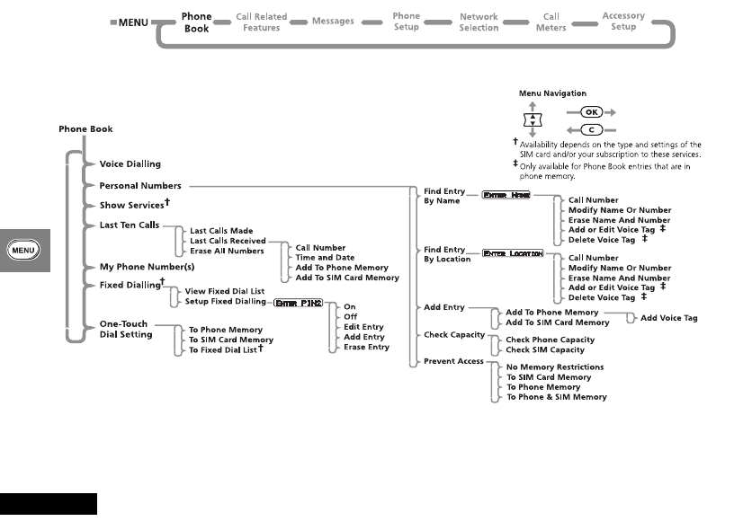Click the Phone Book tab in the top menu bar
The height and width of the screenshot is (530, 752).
pyautogui.click(x=196, y=22)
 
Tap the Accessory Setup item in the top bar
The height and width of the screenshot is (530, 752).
pyautogui.click(x=623, y=22)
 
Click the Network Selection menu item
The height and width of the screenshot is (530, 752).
pyautogui.click(x=479, y=22)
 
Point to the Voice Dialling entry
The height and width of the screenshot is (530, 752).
pyautogui.click(x=130, y=164)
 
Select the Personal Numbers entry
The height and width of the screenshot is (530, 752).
pyautogui.click(x=140, y=186)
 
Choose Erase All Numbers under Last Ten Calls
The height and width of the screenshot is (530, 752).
pyautogui.click(x=227, y=251)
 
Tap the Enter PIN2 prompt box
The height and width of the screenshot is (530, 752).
pyautogui.click(x=300, y=301)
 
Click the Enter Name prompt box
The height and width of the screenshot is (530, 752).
pyautogui.click(x=506, y=195)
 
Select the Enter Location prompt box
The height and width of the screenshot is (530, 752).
pyautogui.click(x=513, y=253)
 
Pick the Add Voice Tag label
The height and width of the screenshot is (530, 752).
pyautogui.click(x=668, y=318)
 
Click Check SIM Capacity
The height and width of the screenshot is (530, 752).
pyautogui.click(x=545, y=349)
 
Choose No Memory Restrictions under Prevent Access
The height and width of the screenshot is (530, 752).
pyautogui.click(x=555, y=367)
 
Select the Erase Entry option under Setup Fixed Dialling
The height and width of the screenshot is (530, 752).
pyautogui.click(x=367, y=347)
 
